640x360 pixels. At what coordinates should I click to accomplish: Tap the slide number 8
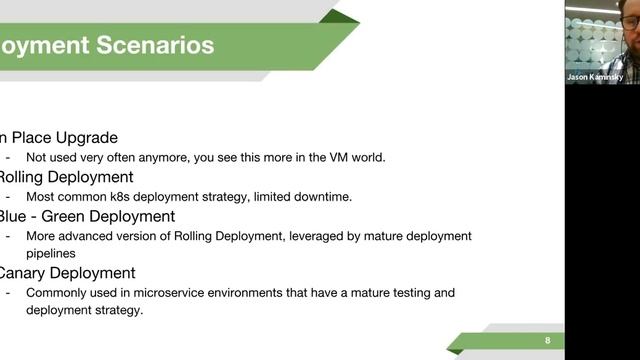(x=547, y=340)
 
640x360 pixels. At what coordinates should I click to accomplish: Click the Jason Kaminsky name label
(x=593, y=77)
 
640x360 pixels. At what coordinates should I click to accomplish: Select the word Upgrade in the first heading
(x=83, y=138)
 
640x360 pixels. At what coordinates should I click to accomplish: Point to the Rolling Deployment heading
(x=69, y=177)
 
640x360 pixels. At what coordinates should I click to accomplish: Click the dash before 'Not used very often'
(x=9, y=157)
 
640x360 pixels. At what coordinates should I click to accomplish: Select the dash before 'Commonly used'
(x=9, y=293)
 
